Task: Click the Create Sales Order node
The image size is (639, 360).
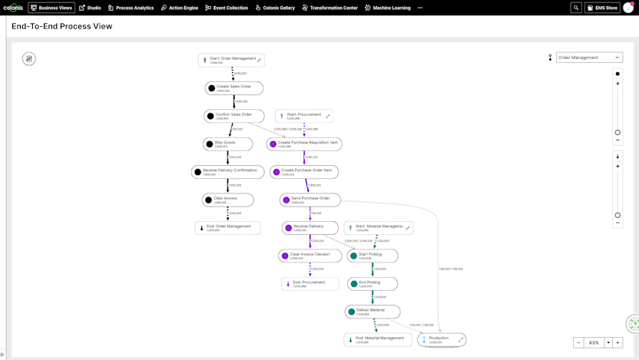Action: (234, 88)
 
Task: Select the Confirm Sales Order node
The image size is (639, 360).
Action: (234, 116)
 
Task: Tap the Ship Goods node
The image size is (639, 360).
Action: (228, 144)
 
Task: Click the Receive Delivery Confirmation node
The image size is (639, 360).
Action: (228, 172)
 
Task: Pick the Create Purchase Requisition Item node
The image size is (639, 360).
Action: (305, 144)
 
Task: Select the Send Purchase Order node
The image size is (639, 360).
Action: (310, 200)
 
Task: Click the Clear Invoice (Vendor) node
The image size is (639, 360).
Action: (310, 256)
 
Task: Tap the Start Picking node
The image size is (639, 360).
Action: (372, 256)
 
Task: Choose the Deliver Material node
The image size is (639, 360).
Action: (372, 312)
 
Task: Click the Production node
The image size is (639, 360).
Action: (442, 339)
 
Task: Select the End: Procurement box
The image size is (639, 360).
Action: (310, 283)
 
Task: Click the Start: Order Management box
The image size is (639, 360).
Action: (231, 60)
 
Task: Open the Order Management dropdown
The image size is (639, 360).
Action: (589, 58)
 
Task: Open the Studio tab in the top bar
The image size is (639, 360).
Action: (90, 8)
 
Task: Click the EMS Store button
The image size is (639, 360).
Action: (603, 8)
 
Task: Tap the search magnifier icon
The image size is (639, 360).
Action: (576, 8)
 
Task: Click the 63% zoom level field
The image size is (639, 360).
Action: (594, 342)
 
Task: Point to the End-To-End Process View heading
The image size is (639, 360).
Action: (61, 26)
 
